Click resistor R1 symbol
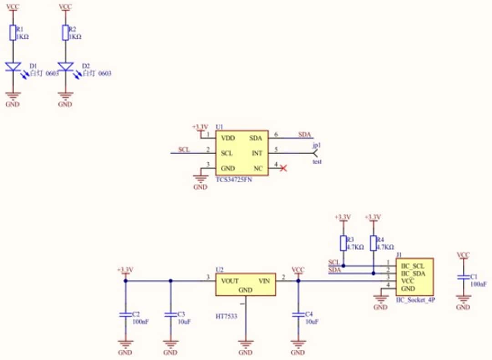click(x=13, y=33)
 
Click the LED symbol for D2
click(x=66, y=67)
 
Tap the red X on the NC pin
click(x=283, y=169)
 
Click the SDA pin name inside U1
click(x=256, y=138)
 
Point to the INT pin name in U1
click(x=257, y=153)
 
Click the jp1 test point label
click(x=317, y=145)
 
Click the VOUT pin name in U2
click(x=230, y=281)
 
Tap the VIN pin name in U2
click(x=265, y=281)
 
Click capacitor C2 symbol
click(x=125, y=314)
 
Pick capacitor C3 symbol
click(x=171, y=314)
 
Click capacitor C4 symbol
click(x=298, y=314)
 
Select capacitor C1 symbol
click(x=463, y=277)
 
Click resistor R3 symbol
click(x=343, y=243)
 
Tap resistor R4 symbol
click(x=374, y=243)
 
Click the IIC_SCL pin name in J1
click(x=413, y=266)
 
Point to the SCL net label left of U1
click(x=184, y=149)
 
